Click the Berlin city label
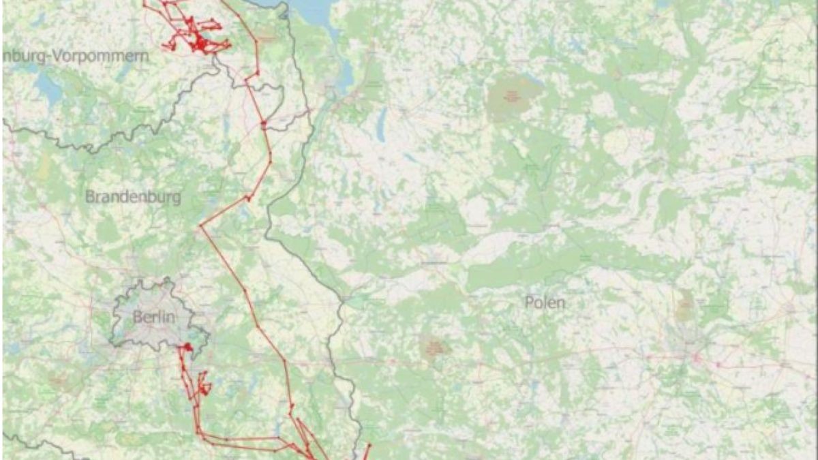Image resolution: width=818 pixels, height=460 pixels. point(154,317)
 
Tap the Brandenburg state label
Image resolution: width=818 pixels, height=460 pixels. point(133,197)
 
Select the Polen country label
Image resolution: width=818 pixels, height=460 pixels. point(545,303)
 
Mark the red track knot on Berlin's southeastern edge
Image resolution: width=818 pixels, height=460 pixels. point(185,349)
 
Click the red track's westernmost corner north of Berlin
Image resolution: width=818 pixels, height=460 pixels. point(200,226)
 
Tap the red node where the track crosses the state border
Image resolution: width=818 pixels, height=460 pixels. point(263,123)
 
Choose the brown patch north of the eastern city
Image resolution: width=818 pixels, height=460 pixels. point(684,307)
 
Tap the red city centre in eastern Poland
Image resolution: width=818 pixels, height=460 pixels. point(696,356)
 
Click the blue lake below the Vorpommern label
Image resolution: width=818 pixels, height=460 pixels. point(48,87)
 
